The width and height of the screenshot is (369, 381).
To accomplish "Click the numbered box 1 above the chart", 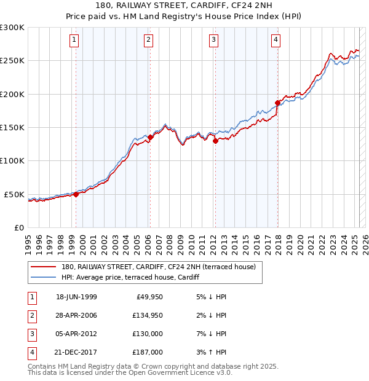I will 74,41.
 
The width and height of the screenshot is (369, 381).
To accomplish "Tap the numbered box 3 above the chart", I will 213,41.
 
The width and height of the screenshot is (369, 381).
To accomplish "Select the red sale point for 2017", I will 278,103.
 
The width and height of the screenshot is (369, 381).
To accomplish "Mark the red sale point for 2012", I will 215,141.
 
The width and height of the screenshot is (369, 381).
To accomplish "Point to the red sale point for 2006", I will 150,138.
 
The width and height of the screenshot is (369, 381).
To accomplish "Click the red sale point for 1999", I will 76,194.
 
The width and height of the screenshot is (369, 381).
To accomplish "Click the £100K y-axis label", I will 12,161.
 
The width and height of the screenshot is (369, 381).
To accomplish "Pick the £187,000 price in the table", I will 148,352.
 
